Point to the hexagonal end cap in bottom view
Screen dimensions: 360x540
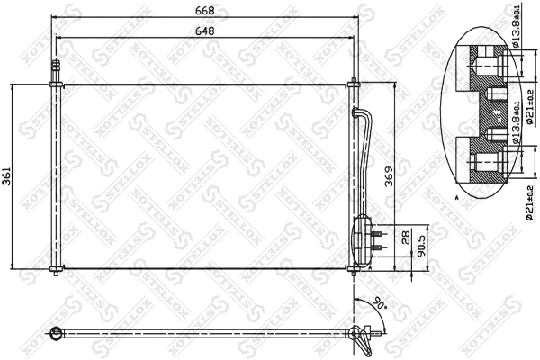(x=56, y=335)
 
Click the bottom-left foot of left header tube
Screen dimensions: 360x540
(x=58, y=271)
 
